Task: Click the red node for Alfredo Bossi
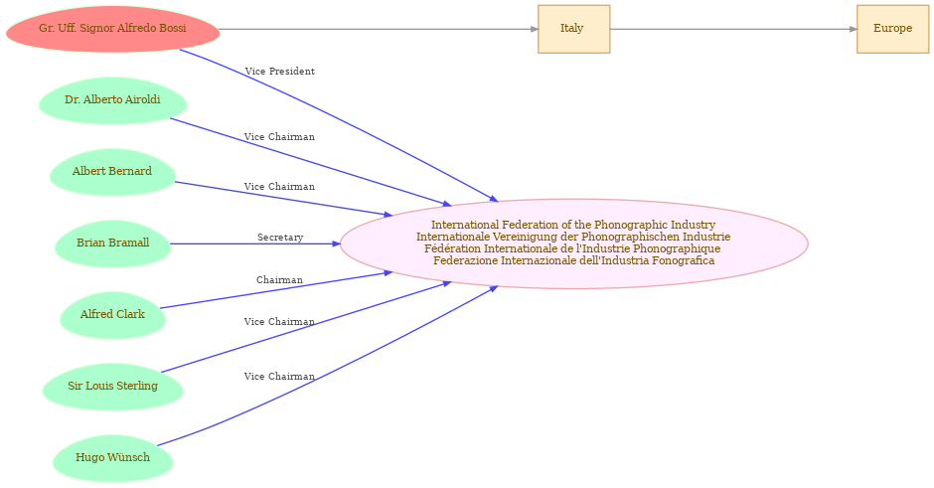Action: pyautogui.click(x=112, y=29)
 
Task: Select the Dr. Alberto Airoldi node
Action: pyautogui.click(x=112, y=100)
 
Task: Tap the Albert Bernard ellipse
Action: pyautogui.click(x=112, y=172)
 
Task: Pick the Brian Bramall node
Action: pyautogui.click(x=112, y=244)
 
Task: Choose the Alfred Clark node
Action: pyautogui.click(x=112, y=315)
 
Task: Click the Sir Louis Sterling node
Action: pyautogui.click(x=112, y=387)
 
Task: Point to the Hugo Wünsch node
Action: pyautogui.click(x=112, y=458)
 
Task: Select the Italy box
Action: pyautogui.click(x=573, y=29)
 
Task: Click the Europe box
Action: pyautogui.click(x=893, y=29)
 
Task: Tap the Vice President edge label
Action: pyautogui.click(x=280, y=72)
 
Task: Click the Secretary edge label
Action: pyautogui.click(x=280, y=238)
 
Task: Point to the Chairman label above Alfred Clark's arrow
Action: pyautogui.click(x=279, y=280)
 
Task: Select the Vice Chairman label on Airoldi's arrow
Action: pyautogui.click(x=279, y=137)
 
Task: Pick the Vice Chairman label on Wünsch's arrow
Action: pyautogui.click(x=279, y=377)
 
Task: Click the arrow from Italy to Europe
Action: pyautogui.click(x=733, y=29)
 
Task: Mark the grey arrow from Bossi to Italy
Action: pyautogui.click(x=379, y=29)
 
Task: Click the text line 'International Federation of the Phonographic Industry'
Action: pyautogui.click(x=573, y=225)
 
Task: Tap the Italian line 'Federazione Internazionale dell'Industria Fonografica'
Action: pyautogui.click(x=573, y=260)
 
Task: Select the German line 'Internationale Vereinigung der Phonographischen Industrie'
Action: pyautogui.click(x=573, y=237)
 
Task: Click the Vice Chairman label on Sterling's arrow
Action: pyautogui.click(x=279, y=322)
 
